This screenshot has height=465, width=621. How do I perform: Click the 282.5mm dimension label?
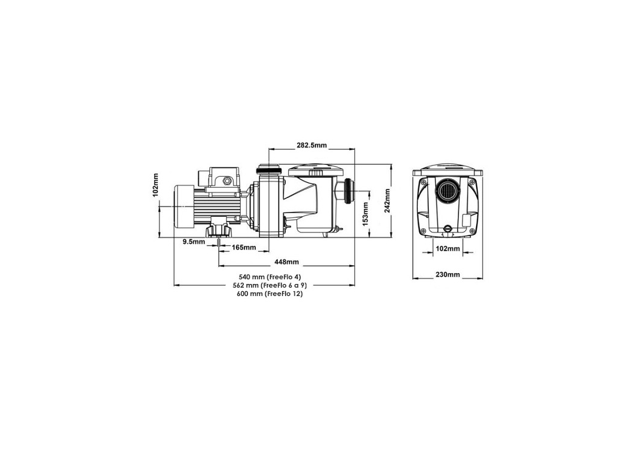(312, 145)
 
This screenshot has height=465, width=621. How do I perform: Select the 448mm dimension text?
(287, 262)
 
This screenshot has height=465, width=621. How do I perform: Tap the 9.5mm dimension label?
(193, 242)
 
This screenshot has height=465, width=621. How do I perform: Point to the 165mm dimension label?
(244, 248)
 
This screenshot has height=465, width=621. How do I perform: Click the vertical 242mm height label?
(388, 200)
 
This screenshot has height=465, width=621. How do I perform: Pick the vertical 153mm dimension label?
(366, 214)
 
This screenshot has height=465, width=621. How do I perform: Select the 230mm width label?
(448, 274)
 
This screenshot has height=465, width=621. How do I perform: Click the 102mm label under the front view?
(448, 249)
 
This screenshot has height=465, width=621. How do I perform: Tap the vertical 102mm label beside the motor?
(155, 185)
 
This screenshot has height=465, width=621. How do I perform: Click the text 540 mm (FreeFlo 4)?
(270, 277)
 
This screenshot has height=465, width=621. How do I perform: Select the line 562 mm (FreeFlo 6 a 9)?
(270, 285)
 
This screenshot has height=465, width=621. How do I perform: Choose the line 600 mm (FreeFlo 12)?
(270, 294)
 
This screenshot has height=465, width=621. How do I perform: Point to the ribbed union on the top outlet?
(269, 171)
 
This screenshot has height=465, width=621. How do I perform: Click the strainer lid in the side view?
(315, 171)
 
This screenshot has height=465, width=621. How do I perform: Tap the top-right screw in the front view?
(471, 182)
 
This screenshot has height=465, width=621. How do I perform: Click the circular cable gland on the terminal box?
(227, 181)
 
